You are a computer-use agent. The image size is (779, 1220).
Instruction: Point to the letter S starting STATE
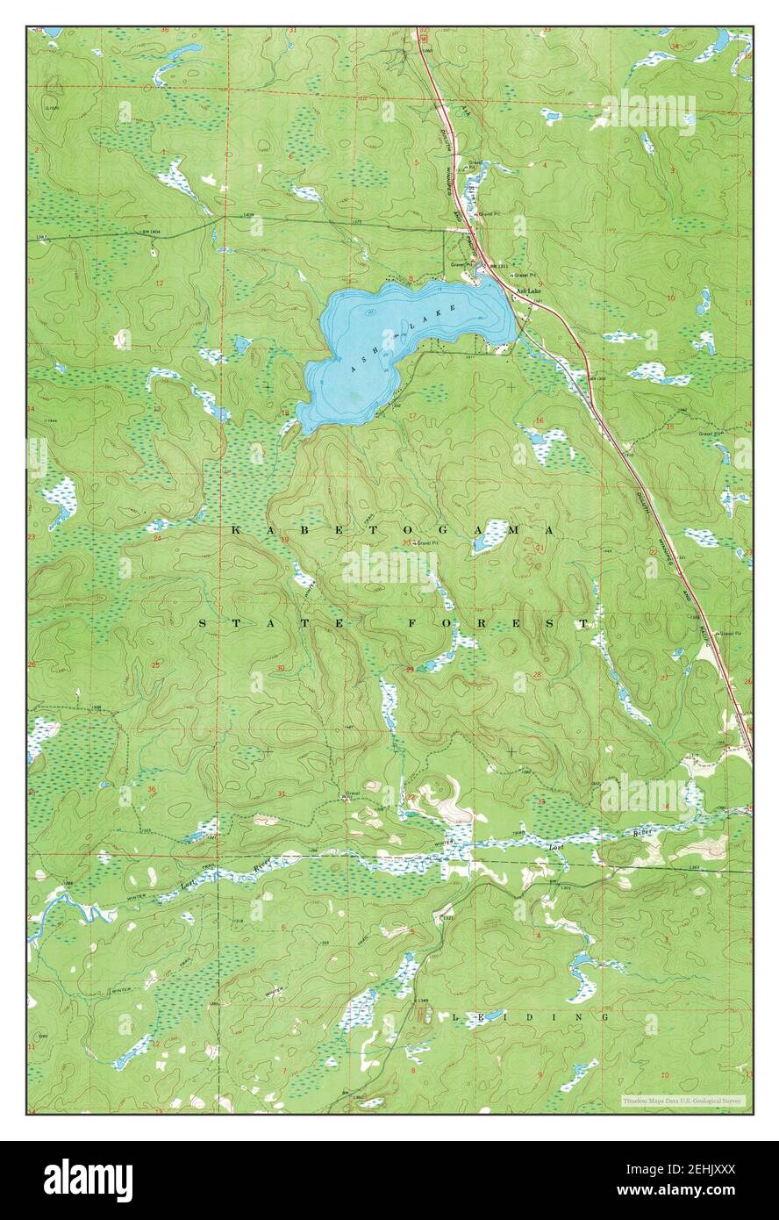click(204, 623)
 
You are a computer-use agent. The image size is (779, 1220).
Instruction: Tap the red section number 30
click(280, 669)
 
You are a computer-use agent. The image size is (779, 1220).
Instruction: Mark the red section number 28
click(537, 674)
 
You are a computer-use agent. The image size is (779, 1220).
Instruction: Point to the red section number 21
click(539, 548)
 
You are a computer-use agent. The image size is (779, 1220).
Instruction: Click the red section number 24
click(159, 537)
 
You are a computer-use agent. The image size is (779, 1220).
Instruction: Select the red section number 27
click(663, 678)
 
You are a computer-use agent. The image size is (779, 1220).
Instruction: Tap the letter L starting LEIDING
click(455, 1016)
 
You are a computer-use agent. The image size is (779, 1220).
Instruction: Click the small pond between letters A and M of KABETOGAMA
click(490, 536)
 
